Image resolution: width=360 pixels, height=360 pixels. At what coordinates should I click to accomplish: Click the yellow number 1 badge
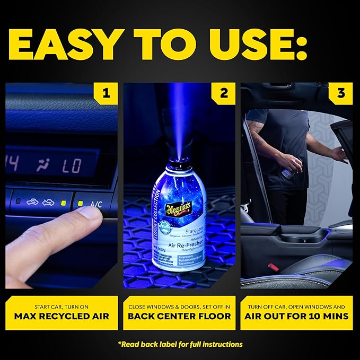point(107,94)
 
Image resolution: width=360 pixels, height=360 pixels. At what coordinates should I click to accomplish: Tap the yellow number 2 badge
point(224,94)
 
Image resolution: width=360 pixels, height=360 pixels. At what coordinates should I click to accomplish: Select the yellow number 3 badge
point(341,94)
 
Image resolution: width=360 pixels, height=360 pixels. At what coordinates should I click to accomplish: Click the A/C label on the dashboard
point(96,204)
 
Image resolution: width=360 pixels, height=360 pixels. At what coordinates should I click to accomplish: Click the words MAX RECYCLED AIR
point(62,317)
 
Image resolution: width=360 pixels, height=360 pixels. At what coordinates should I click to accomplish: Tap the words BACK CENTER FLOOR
point(179,317)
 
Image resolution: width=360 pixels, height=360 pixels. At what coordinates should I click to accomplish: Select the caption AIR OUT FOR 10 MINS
point(296,317)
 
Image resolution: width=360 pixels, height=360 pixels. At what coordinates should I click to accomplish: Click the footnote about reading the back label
point(180,344)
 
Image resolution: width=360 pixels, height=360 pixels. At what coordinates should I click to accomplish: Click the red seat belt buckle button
point(273,267)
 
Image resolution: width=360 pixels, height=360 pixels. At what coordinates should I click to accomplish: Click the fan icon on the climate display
point(43,165)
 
